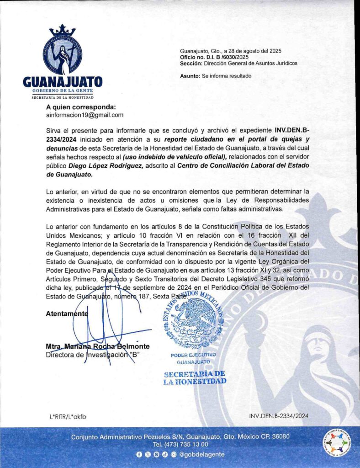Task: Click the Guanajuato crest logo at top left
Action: tap(63, 50)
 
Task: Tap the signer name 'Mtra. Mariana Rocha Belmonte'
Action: tap(97, 346)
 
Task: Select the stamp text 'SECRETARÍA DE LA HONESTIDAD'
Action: tap(195, 378)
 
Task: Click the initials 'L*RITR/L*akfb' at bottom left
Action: tap(68, 416)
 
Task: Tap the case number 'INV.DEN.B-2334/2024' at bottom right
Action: tap(279, 416)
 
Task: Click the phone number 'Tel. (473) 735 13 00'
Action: tap(180, 444)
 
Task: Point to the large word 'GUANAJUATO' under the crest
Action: tap(63, 83)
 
